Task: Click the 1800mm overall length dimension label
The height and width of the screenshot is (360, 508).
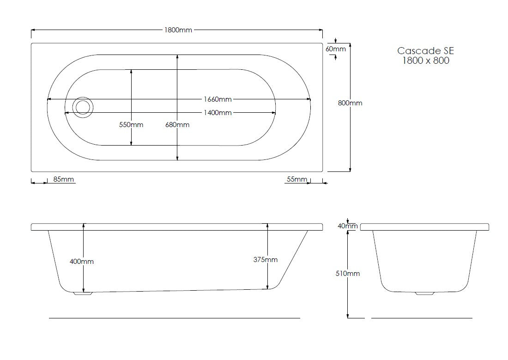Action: point(178,30)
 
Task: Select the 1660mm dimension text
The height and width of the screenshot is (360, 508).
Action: point(218,99)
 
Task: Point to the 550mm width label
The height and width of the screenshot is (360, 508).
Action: point(132,125)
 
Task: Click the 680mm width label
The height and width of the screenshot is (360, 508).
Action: point(177,125)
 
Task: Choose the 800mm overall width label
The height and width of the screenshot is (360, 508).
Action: point(350,103)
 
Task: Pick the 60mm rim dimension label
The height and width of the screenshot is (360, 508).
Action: point(335,49)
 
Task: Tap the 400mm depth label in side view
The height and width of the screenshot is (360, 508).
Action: point(82,262)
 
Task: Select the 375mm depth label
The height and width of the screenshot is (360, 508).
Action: point(266,260)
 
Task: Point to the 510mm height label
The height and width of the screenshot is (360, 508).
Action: point(348,274)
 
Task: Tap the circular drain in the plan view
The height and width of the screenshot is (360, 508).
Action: point(83,107)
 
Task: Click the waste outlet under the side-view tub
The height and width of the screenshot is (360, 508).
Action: point(83,293)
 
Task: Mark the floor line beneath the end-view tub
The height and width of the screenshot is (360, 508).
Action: point(421,318)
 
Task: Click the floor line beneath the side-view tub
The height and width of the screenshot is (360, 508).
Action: point(174,318)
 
